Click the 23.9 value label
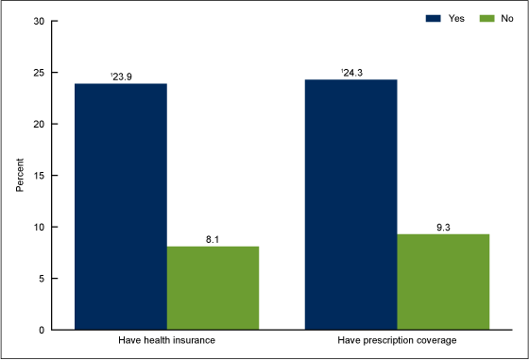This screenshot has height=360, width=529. click(121, 76)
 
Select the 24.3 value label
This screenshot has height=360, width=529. click(351, 72)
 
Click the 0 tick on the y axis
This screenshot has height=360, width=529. click(42, 330)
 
